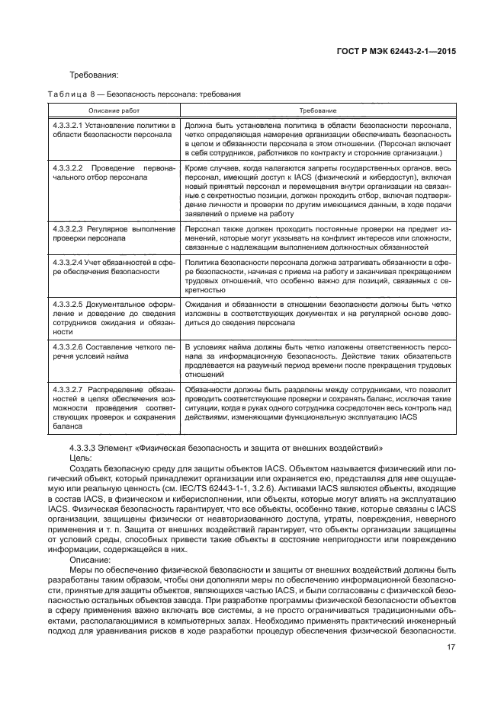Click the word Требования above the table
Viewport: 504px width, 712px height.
click(x=94, y=75)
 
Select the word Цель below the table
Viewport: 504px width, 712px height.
click(x=79, y=458)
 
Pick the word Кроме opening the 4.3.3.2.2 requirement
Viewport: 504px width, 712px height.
click(x=197, y=165)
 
